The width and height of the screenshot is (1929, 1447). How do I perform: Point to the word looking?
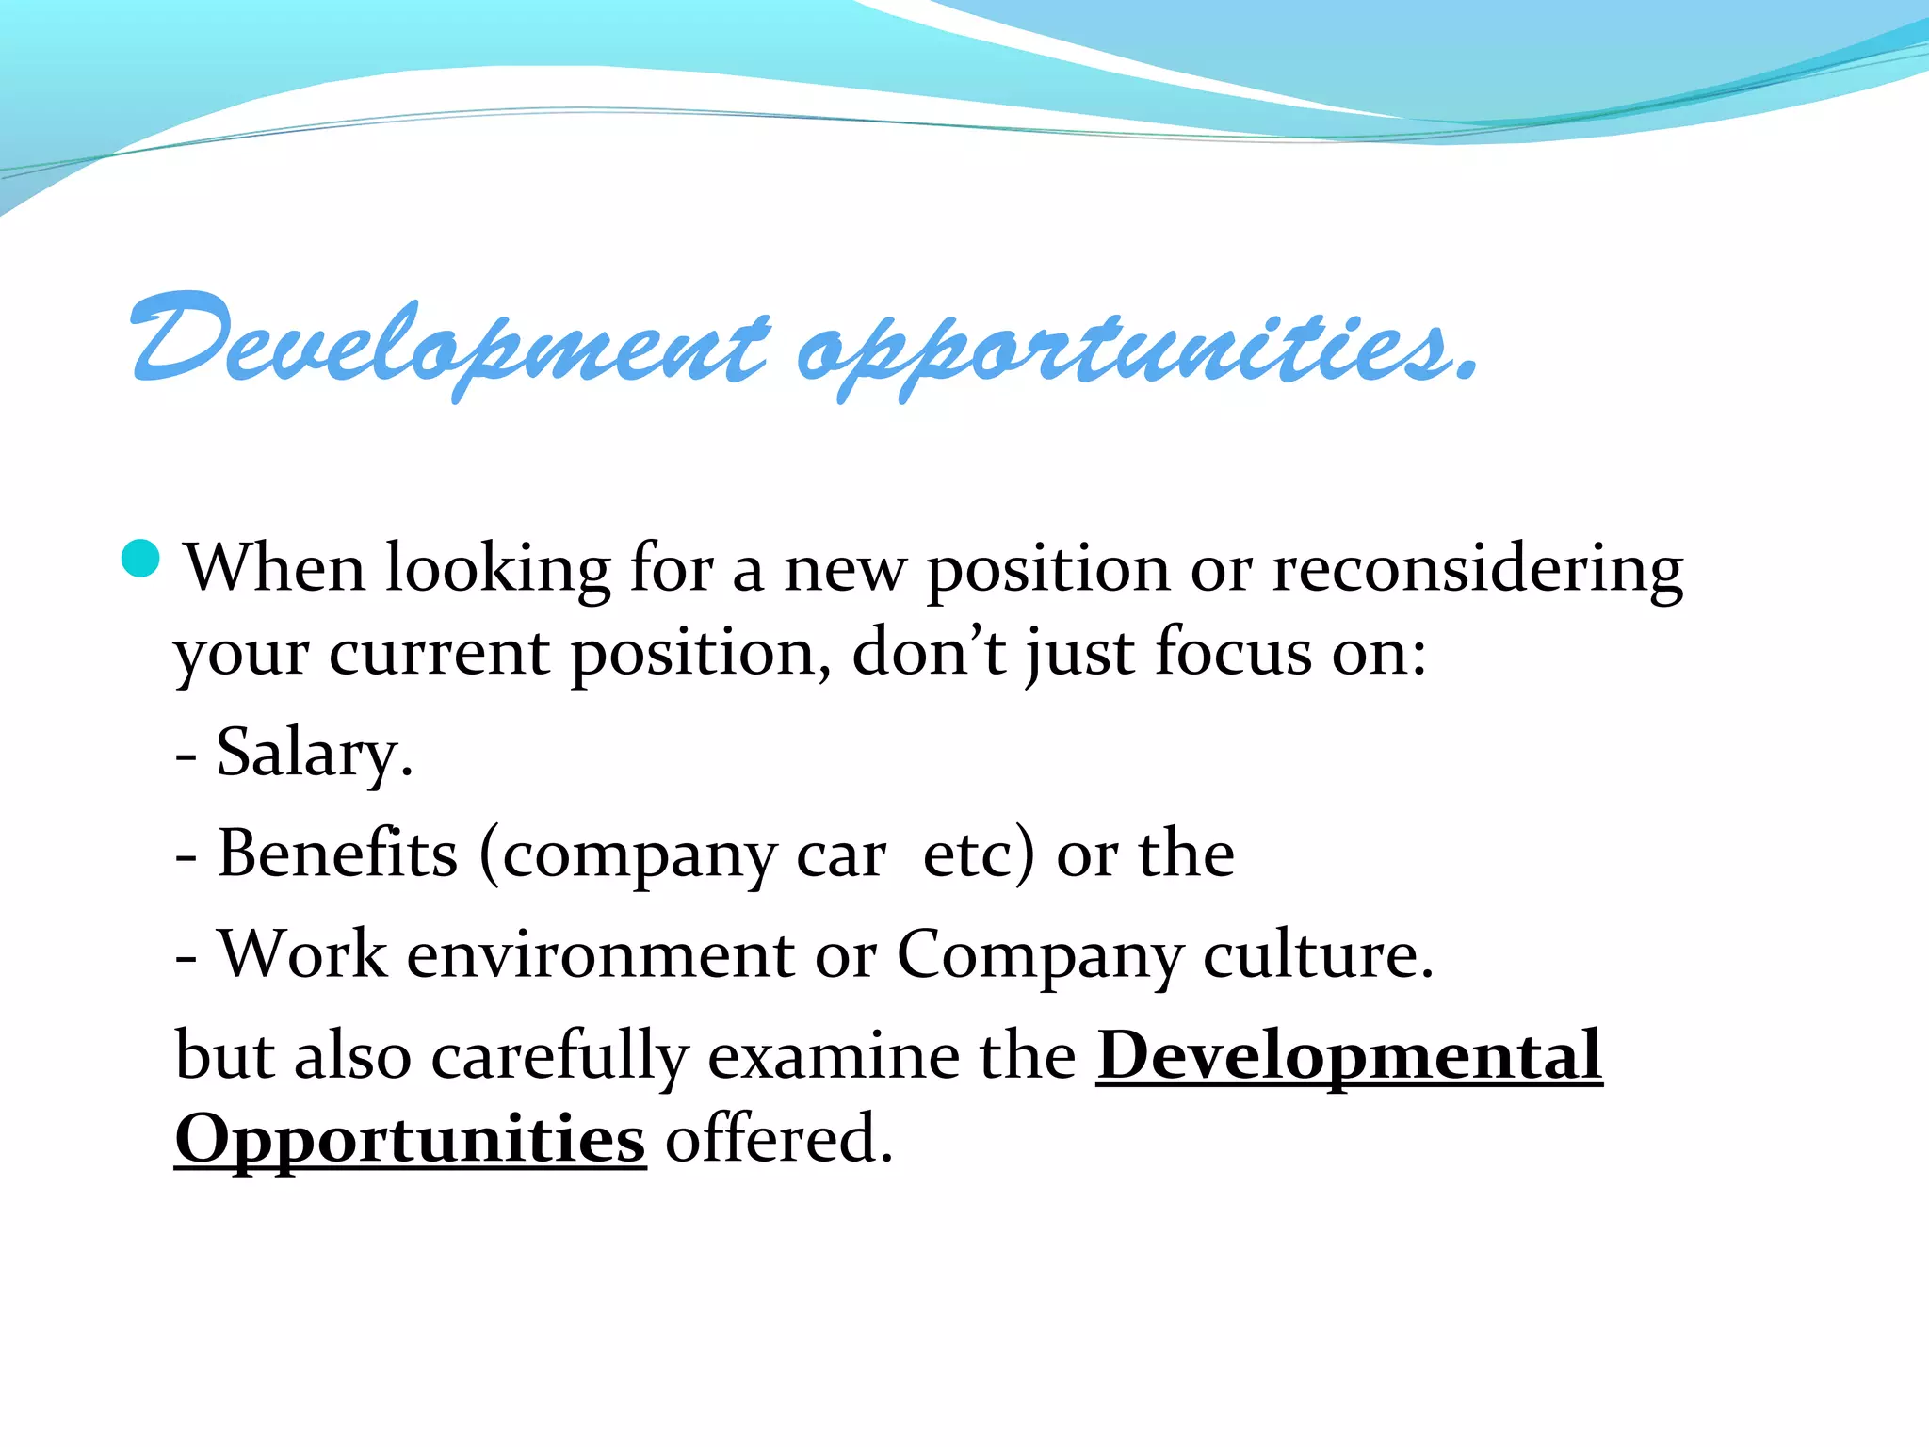coord(498,570)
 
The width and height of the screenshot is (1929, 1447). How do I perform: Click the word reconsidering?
coord(1477,570)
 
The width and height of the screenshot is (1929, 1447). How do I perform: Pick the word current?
coord(439,653)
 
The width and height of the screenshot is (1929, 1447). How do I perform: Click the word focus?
coord(1233,651)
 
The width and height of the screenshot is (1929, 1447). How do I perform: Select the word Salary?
coord(314,754)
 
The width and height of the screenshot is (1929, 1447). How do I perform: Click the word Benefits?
coord(338,854)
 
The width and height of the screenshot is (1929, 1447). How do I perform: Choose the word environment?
coord(600,955)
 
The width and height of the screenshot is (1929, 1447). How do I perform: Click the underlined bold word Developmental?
coord(1349,1057)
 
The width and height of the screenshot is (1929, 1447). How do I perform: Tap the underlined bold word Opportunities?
coord(411,1140)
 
